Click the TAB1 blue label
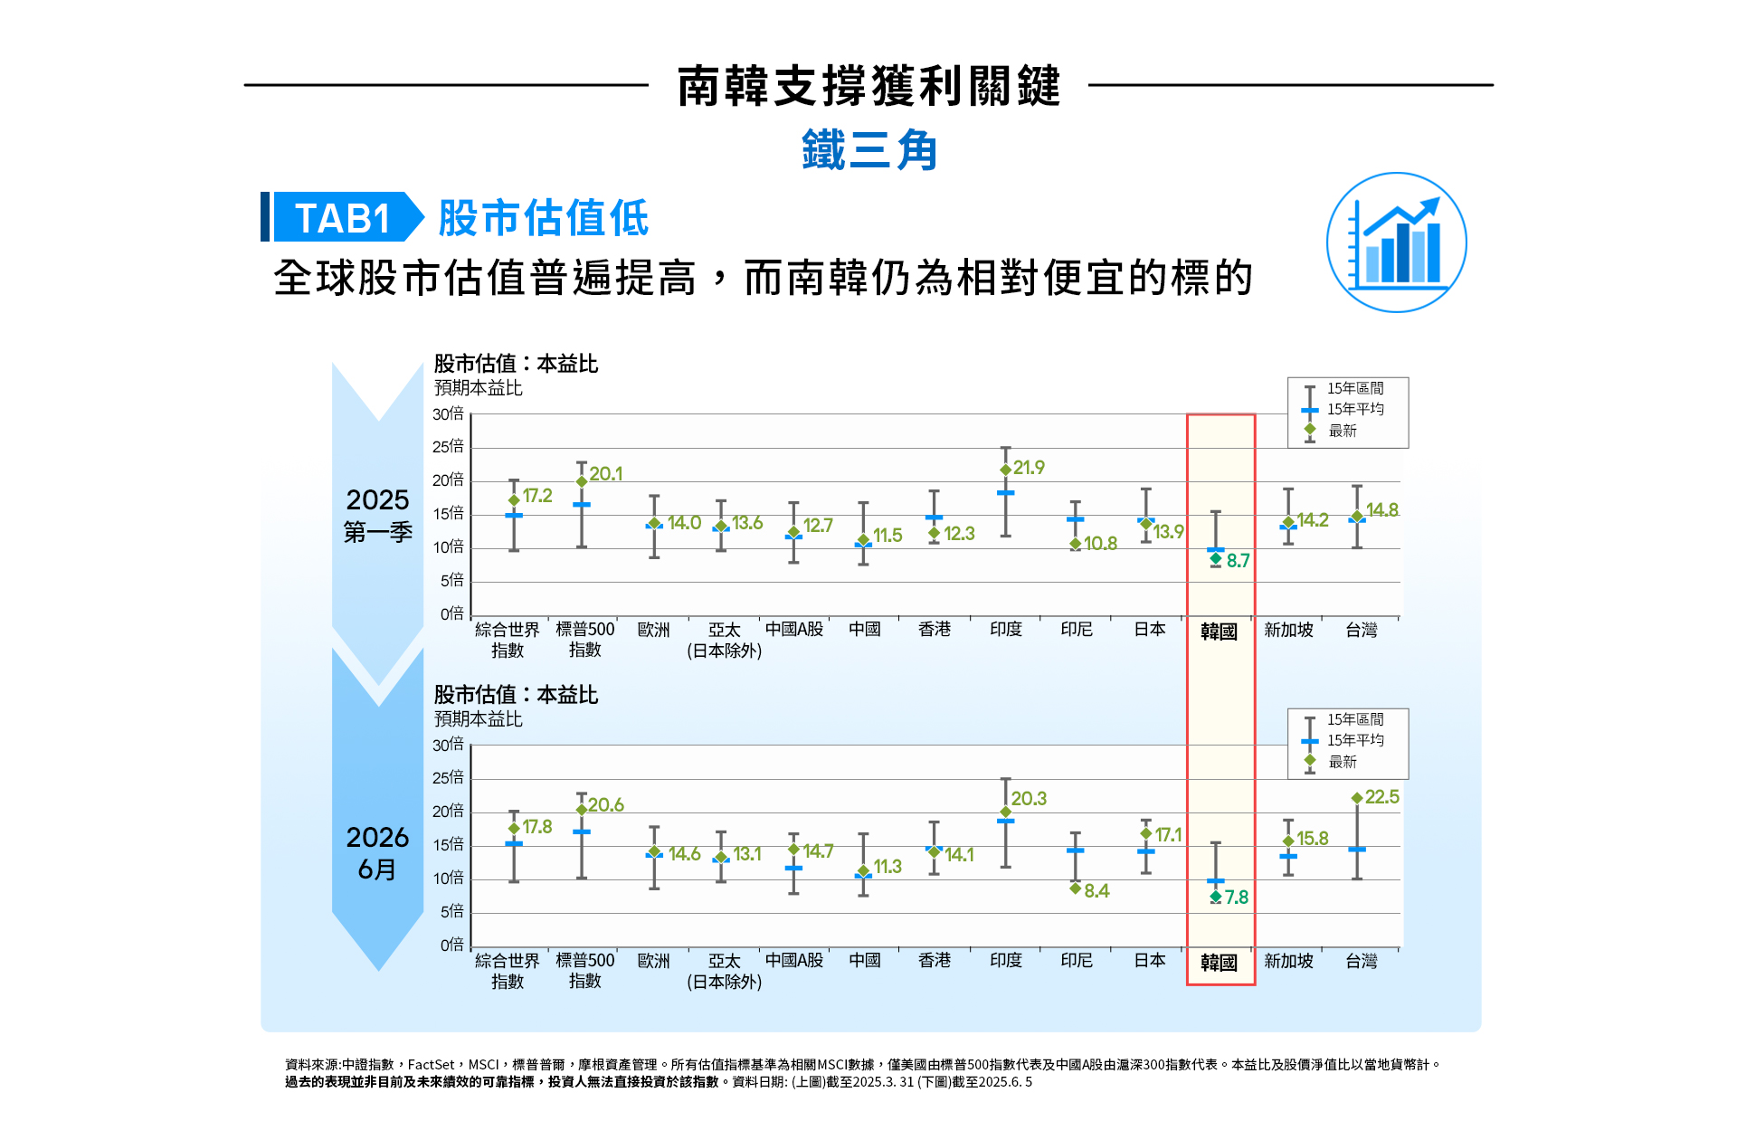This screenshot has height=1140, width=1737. click(342, 217)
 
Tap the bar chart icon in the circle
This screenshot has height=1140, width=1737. click(1396, 242)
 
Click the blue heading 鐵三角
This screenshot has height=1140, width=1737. click(868, 150)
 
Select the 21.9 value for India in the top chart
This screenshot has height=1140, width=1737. click(1029, 468)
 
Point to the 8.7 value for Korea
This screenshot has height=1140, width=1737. click(1238, 561)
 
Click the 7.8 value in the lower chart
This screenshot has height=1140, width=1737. click(1236, 898)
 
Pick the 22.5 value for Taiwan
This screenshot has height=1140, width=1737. click(1381, 797)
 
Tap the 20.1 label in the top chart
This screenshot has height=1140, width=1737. click(605, 474)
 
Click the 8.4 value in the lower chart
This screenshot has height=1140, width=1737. click(1096, 891)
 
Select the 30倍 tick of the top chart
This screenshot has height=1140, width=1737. click(448, 414)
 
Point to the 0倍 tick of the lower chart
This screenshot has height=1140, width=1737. click(451, 945)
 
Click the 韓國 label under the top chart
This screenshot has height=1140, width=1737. click(1219, 632)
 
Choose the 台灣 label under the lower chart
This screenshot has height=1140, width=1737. click(1361, 961)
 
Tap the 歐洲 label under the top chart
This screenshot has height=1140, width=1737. click(653, 630)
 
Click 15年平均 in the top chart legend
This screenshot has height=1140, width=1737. click(1355, 409)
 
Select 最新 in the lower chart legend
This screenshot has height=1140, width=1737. click(1343, 762)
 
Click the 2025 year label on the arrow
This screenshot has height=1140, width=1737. click(377, 500)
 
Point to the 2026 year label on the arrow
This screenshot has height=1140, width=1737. click(377, 838)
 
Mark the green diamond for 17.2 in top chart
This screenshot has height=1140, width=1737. click(514, 500)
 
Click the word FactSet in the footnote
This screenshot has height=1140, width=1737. click(431, 1065)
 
